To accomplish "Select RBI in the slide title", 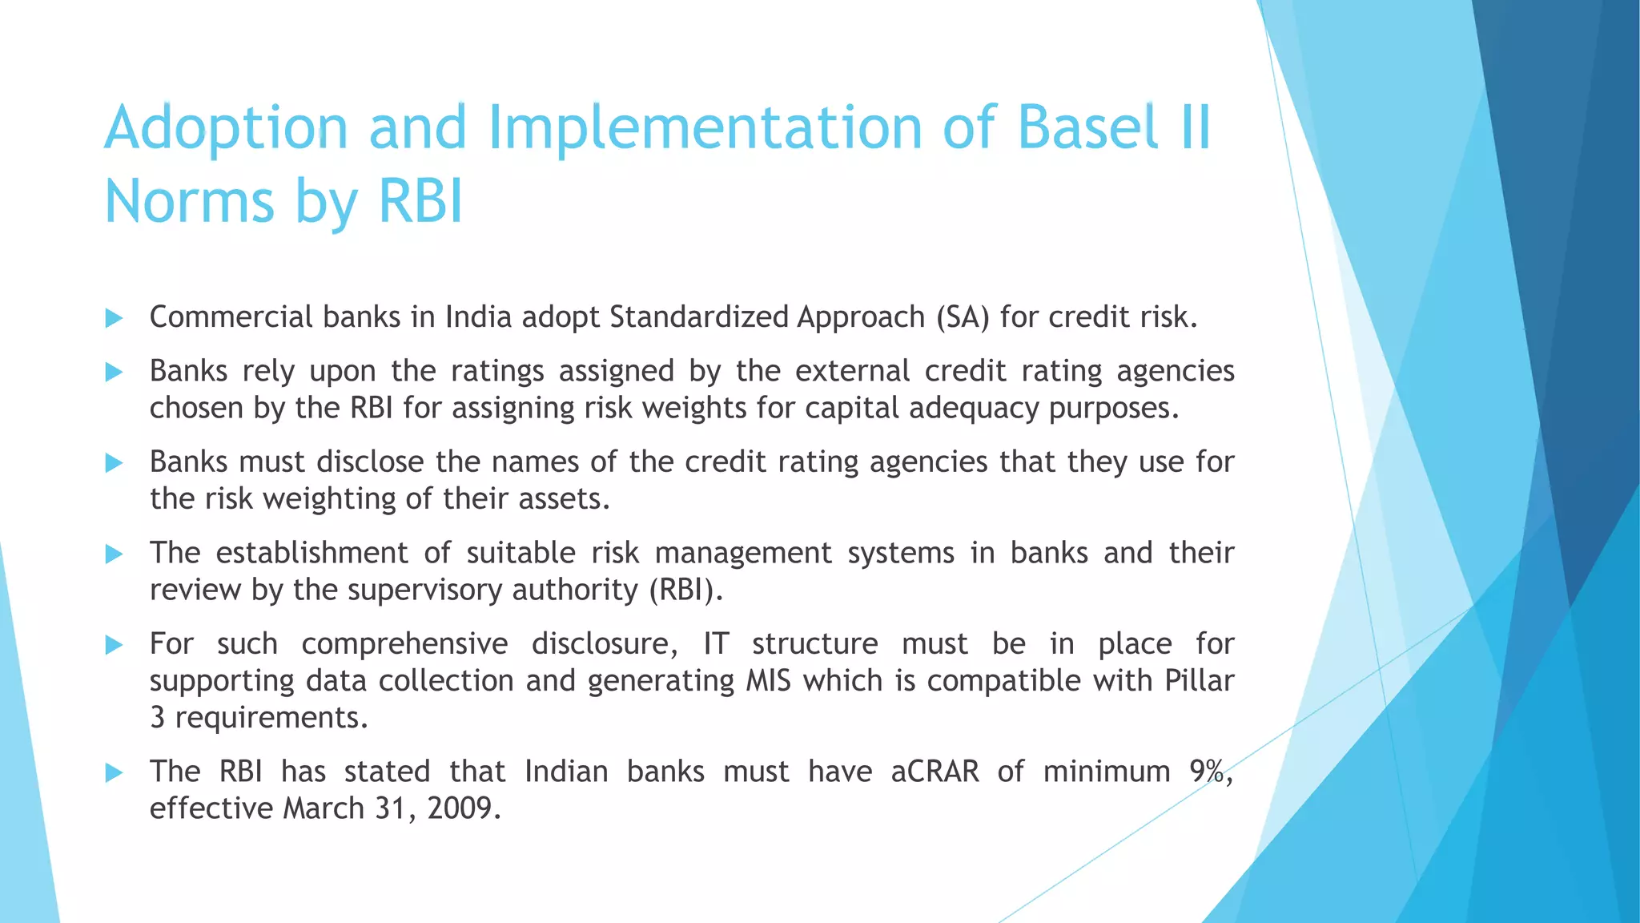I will (x=420, y=201).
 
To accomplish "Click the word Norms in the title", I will (x=190, y=201).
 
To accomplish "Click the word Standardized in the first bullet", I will (x=699, y=317).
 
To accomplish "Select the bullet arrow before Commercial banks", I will (x=114, y=318).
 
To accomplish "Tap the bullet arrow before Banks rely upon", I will (x=114, y=372).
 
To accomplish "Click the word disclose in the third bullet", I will (x=370, y=462).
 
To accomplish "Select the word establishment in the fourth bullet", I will (x=312, y=553).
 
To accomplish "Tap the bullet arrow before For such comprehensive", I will (x=114, y=644).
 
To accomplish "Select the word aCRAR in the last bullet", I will (x=935, y=772).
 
